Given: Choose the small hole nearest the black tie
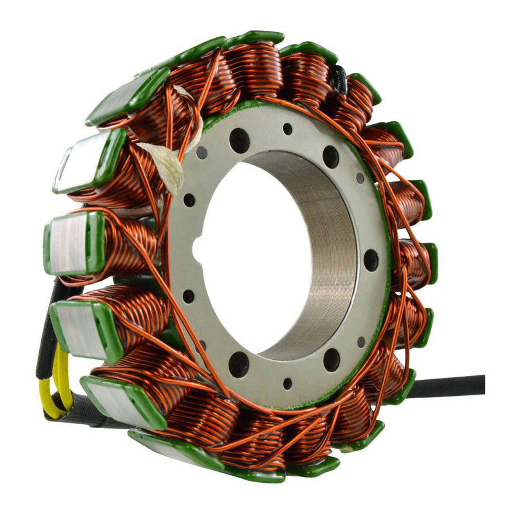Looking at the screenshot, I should coord(287,129).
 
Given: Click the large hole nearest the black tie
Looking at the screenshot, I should coord(330,156).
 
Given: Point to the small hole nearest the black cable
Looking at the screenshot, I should coord(361,341).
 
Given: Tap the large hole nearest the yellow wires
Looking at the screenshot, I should coord(238,364).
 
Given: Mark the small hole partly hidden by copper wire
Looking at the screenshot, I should coord(201,346).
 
